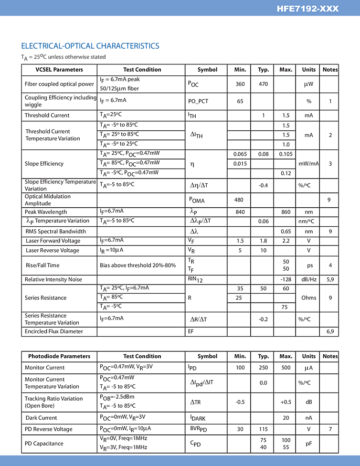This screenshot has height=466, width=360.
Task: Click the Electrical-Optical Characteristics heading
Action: tap(90, 46)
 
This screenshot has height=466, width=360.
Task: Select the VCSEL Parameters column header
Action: tap(59, 70)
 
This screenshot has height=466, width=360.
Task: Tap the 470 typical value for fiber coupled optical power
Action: tap(263, 84)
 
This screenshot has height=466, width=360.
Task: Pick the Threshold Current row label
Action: tap(47, 116)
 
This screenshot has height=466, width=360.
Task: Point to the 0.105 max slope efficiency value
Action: tap(286, 154)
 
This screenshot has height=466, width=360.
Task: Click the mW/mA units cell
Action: tap(308, 164)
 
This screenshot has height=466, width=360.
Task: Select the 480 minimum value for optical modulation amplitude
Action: tap(240, 200)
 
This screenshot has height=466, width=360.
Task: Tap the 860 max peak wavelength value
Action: tap(286, 212)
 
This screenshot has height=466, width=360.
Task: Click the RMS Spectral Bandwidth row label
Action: tap(55, 232)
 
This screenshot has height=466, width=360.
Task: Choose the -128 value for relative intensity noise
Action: tap(286, 280)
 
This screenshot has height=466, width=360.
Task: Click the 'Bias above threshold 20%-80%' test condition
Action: tap(138, 265)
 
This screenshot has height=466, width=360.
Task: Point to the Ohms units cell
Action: tap(308, 298)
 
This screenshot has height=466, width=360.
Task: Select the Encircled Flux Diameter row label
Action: tap(54, 331)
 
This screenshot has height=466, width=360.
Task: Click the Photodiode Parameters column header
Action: tap(59, 356)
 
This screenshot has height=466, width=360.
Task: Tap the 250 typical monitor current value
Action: tap(263, 368)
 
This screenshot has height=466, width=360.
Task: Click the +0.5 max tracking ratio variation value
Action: tap(286, 402)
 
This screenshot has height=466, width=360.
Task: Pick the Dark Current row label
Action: tap(41, 417)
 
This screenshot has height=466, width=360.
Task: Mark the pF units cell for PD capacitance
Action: tap(308, 444)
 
